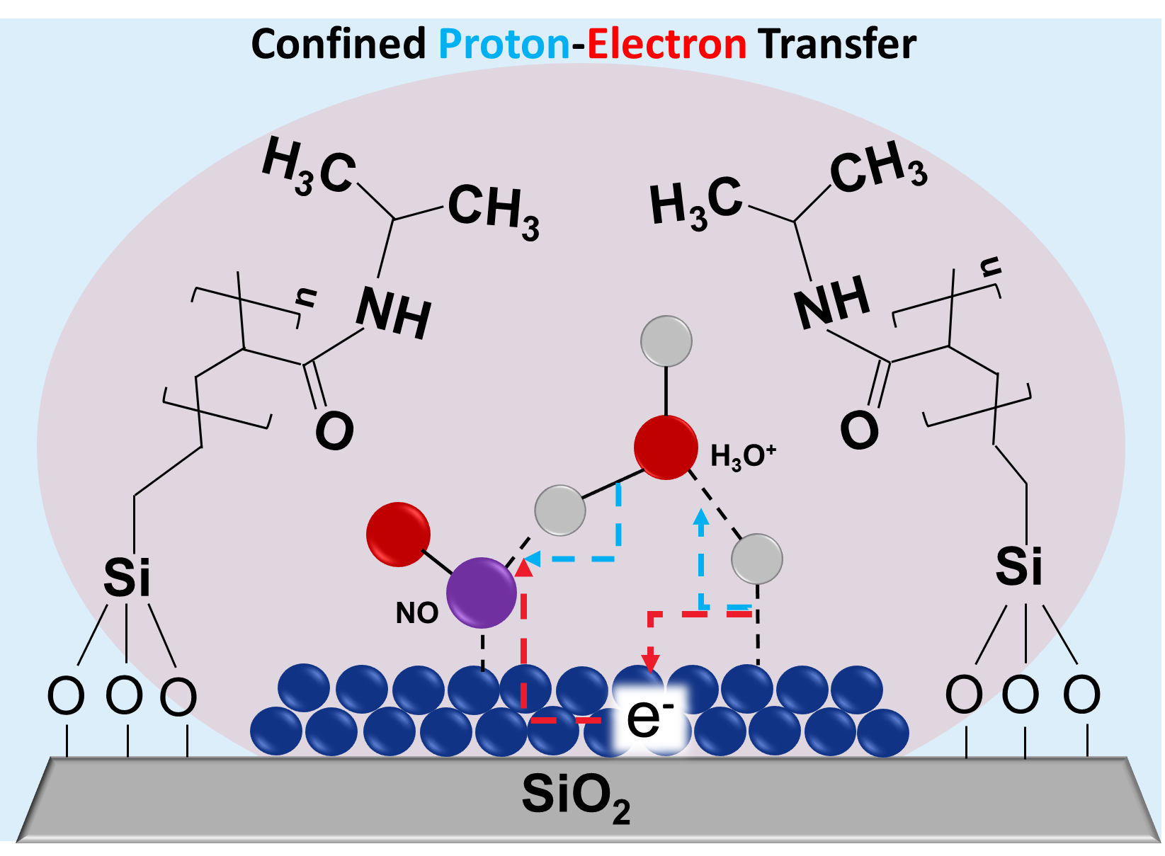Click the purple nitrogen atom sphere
coord(482,593)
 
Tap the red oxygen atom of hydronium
coord(666,447)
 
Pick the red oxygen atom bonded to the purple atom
coord(398,535)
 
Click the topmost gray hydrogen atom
coord(666,341)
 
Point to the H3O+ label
coord(743,457)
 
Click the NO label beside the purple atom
coord(417,613)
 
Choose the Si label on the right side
coord(1018,566)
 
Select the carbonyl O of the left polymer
coord(334,431)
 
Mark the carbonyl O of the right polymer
coord(859,430)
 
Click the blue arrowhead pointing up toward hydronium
coord(701,516)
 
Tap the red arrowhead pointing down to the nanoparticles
coord(650,663)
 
